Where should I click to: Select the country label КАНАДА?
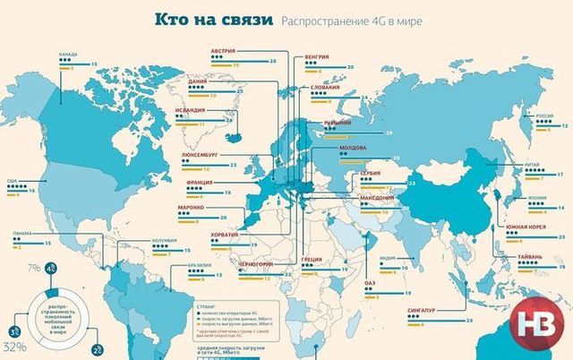click(68, 54)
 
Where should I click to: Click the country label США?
click(13, 180)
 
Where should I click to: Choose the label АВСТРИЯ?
click(224, 51)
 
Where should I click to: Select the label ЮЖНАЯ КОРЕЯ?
click(526, 227)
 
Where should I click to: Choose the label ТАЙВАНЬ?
click(529, 258)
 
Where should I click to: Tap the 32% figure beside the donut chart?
click(14, 346)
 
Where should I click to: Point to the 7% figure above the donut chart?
click(33, 269)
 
